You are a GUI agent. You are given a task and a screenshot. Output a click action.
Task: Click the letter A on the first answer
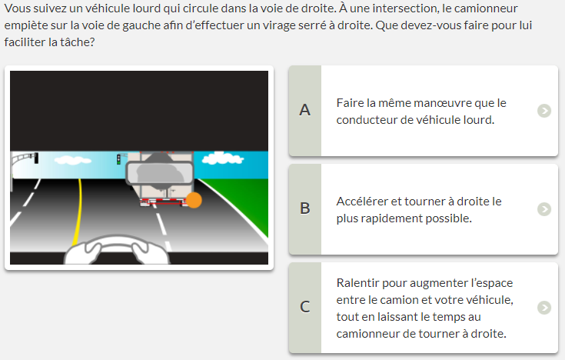(305, 110)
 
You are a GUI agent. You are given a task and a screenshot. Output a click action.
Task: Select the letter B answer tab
(305, 209)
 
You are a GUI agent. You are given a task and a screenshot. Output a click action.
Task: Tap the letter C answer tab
(305, 308)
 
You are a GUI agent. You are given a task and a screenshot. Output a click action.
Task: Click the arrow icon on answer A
(544, 111)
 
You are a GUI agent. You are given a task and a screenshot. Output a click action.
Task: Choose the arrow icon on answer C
(544, 308)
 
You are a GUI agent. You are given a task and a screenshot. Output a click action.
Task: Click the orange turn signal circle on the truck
(194, 200)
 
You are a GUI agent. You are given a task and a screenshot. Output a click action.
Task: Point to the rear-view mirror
(160, 174)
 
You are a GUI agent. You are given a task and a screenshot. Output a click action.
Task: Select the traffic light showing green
(118, 159)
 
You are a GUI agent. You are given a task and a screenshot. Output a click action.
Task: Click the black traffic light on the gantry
(36, 158)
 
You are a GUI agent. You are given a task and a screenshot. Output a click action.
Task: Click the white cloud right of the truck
(222, 158)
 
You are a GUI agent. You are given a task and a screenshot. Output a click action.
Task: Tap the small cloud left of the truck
(72, 160)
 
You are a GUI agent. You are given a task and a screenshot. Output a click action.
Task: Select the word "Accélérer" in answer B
(362, 202)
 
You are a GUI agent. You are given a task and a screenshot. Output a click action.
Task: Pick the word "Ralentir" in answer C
(357, 283)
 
